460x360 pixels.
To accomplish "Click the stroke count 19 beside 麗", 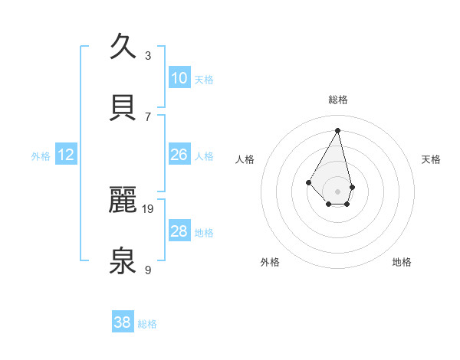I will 149,208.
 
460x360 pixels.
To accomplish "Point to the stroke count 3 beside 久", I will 148,55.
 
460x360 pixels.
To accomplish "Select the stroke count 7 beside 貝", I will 148,116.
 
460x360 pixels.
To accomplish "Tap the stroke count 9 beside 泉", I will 148,270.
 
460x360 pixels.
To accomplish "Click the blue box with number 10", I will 179,78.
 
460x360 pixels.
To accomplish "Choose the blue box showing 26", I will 179,155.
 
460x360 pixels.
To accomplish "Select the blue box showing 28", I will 179,231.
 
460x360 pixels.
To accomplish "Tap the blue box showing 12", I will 66,155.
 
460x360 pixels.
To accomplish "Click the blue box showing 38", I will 123,322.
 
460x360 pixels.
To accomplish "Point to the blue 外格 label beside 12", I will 41,156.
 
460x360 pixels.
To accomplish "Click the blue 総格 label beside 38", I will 147,324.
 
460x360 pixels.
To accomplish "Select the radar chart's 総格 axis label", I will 338,100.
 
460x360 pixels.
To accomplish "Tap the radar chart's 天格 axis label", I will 431,159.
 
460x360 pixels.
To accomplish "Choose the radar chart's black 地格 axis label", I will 402,262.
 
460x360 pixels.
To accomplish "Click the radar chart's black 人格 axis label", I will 245,159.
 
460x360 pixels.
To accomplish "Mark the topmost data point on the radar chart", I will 337,129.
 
